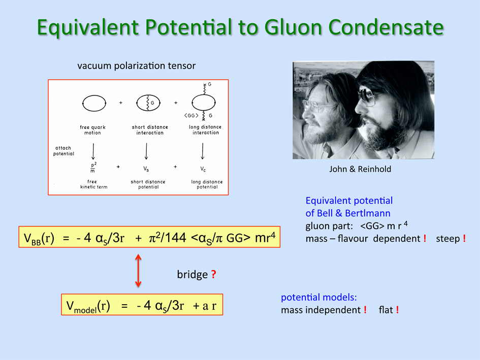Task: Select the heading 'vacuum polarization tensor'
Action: (136, 66)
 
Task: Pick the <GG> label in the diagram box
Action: (191, 115)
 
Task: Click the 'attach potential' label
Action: (63, 151)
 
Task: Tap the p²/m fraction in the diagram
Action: (93, 167)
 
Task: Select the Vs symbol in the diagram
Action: (146, 169)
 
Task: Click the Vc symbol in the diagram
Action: (203, 169)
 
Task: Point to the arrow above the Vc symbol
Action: (202, 151)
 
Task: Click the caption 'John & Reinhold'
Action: (360, 169)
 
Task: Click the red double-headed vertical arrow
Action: (138, 271)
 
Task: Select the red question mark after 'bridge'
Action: (213, 274)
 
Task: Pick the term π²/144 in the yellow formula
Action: (168, 237)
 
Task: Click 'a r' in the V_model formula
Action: (209, 305)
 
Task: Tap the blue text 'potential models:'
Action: (319, 297)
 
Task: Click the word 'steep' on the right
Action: (447, 239)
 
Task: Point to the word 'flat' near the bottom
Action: (386, 310)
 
